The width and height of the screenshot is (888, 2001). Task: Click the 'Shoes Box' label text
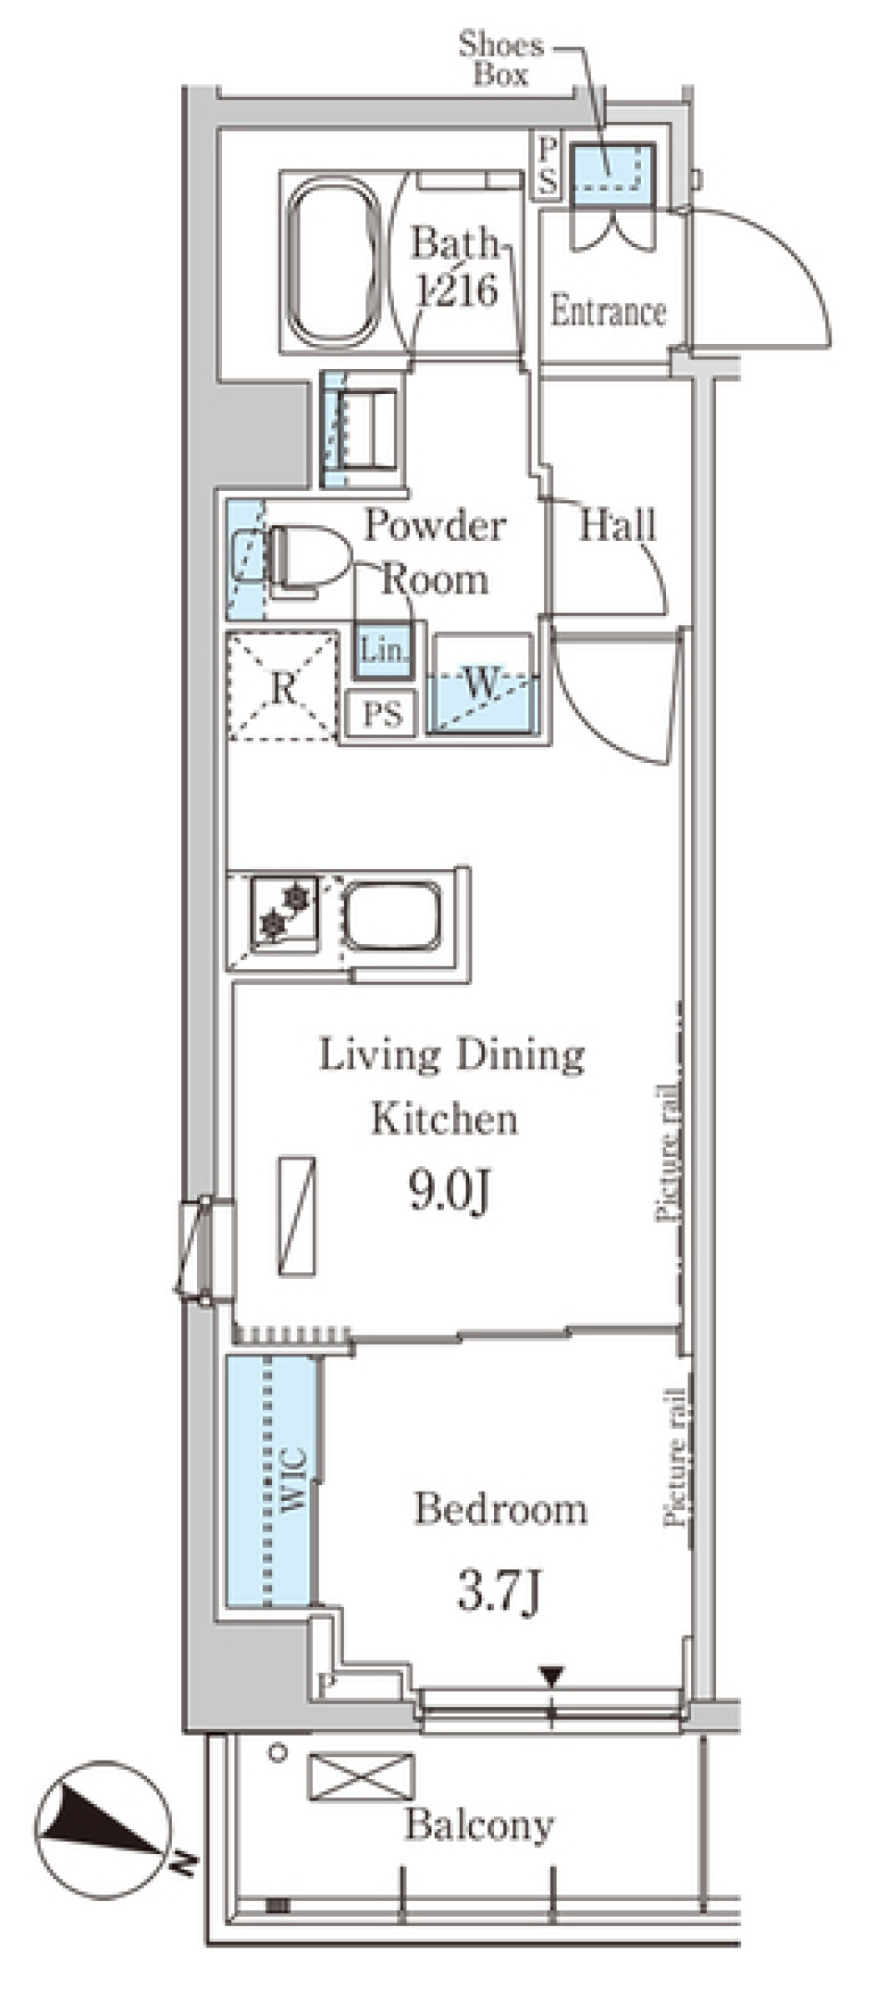(501, 59)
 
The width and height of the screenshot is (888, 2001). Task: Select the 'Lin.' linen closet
(383, 649)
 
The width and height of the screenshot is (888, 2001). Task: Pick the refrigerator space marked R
(282, 685)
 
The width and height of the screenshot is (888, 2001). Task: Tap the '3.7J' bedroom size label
(499, 1590)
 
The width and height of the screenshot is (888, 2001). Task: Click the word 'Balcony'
(480, 1824)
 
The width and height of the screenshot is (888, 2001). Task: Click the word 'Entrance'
(609, 312)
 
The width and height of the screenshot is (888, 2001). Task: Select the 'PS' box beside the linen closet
(382, 714)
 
